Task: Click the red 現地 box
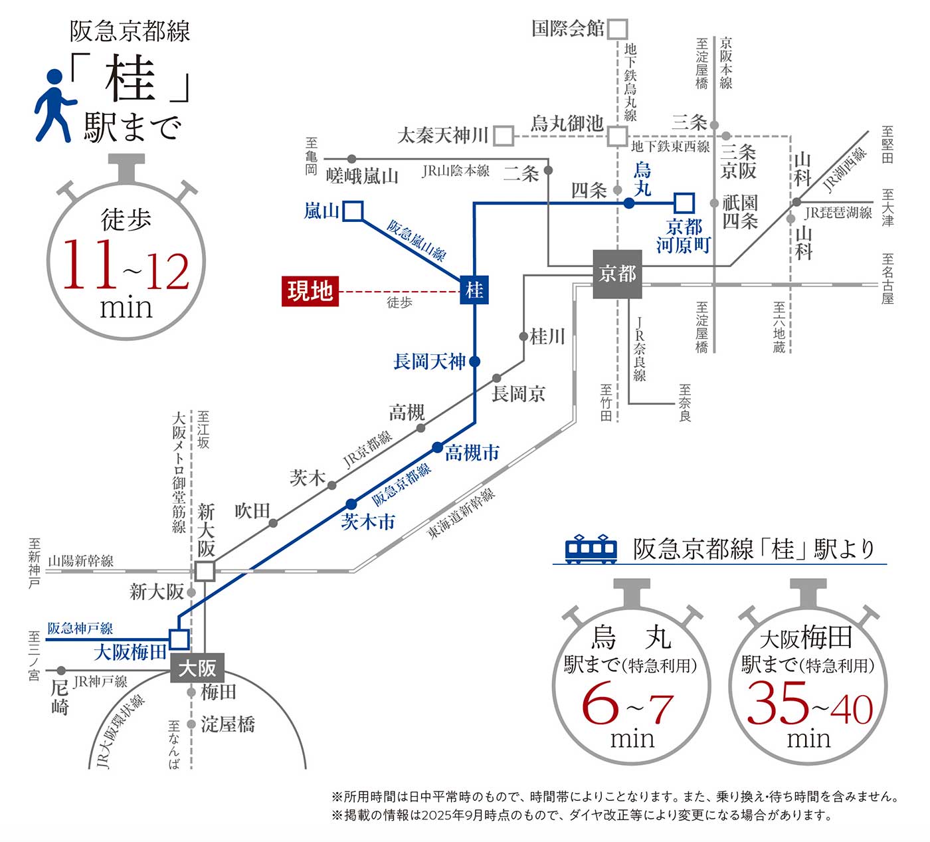310,291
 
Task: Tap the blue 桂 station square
474,290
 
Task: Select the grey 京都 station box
617,274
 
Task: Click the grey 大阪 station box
197,668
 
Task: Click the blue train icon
591,549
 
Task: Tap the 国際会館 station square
617,29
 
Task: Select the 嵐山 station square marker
353,211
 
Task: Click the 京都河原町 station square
684,203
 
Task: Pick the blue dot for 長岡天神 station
474,362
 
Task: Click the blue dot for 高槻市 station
437,447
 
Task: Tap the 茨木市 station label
368,522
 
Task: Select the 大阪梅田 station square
179,639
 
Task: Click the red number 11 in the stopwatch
88,265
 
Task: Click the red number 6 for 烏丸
600,706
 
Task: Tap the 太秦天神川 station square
504,136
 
